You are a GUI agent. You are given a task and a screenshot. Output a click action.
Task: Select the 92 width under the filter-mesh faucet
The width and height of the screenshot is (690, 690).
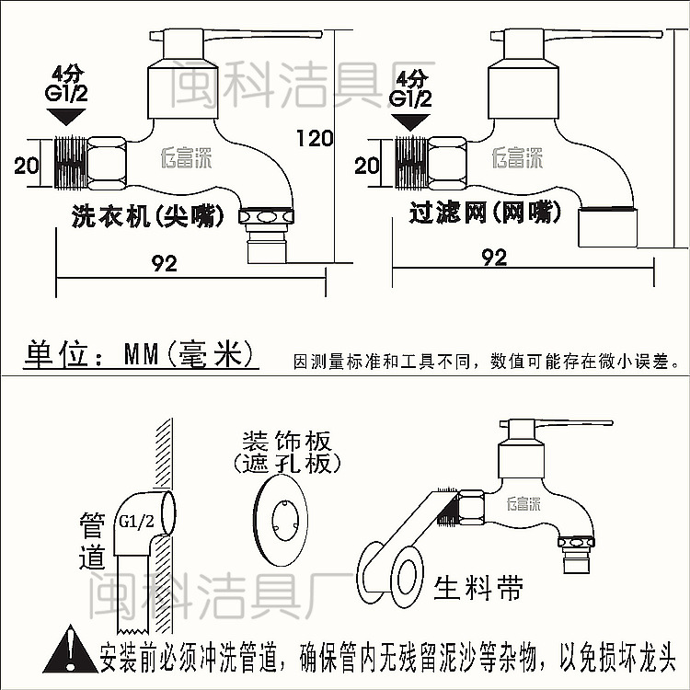[x=494, y=257]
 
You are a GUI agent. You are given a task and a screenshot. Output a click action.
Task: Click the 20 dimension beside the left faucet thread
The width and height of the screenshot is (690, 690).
[x=27, y=166]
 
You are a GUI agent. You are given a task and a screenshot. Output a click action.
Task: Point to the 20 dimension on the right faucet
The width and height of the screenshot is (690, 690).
[x=367, y=166]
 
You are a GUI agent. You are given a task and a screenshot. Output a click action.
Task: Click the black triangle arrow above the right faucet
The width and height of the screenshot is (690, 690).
[x=409, y=121]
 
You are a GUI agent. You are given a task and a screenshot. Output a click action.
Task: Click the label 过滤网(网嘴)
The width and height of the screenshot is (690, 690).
[x=486, y=213]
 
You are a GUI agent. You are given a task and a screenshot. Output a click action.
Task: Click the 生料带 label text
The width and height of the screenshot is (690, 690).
[x=479, y=586]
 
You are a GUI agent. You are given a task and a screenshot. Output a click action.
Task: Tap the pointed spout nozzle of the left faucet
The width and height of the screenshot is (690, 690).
[x=266, y=234]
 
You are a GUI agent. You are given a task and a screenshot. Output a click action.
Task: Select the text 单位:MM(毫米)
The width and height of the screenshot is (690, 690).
[x=137, y=354]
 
